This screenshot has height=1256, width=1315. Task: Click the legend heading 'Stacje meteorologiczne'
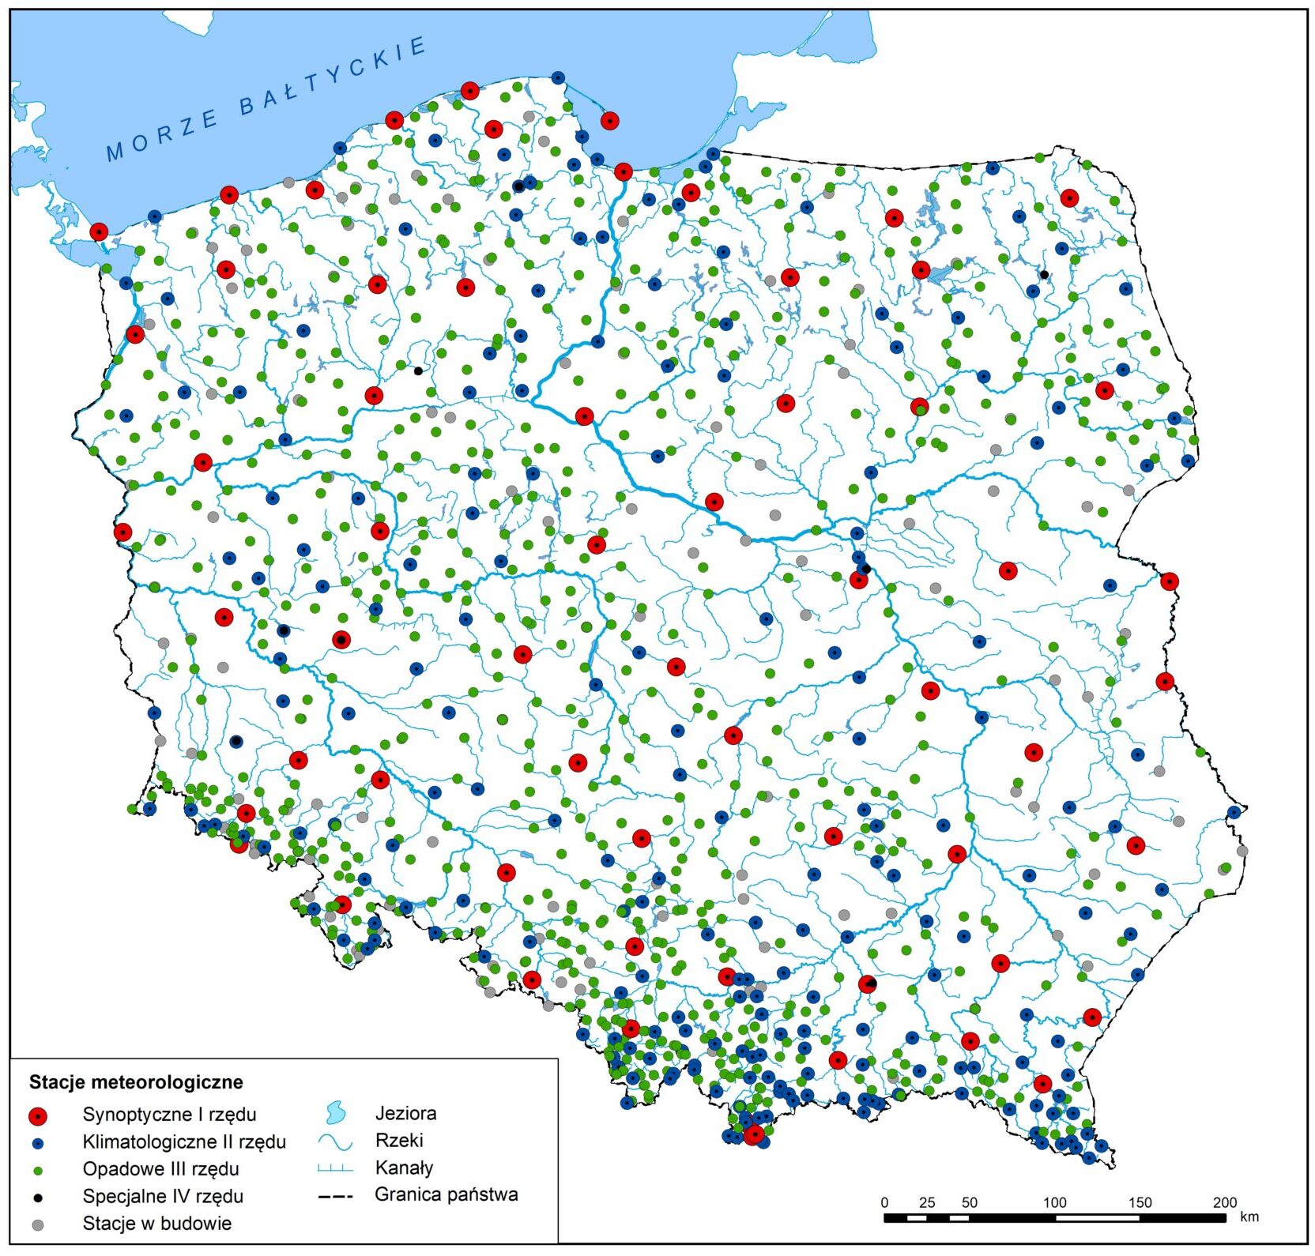[x=136, y=1081]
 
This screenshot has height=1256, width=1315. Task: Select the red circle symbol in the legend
[x=37, y=1115]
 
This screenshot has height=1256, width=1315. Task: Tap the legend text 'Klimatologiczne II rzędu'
[x=183, y=1141]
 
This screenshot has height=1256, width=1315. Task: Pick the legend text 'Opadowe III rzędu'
[x=160, y=1168]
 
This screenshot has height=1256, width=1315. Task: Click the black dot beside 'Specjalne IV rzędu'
[x=37, y=1198]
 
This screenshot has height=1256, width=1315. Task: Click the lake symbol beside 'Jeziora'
[x=335, y=1113]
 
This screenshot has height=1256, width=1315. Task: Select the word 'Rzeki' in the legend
[x=399, y=1140]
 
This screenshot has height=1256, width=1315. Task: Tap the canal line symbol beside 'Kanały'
[x=335, y=1168]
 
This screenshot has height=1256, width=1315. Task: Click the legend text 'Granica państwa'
[x=446, y=1194]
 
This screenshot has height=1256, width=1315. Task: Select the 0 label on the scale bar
[x=884, y=1202]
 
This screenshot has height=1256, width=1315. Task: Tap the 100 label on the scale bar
[x=1054, y=1202]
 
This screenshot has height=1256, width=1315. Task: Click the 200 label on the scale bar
[x=1224, y=1202]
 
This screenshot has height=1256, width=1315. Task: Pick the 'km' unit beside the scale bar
[x=1249, y=1217]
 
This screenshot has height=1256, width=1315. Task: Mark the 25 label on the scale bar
[x=927, y=1202]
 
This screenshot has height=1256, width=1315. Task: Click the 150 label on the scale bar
[x=1140, y=1202]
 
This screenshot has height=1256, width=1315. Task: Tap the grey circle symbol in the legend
[x=37, y=1224]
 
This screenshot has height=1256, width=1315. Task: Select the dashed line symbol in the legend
[x=335, y=1196]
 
